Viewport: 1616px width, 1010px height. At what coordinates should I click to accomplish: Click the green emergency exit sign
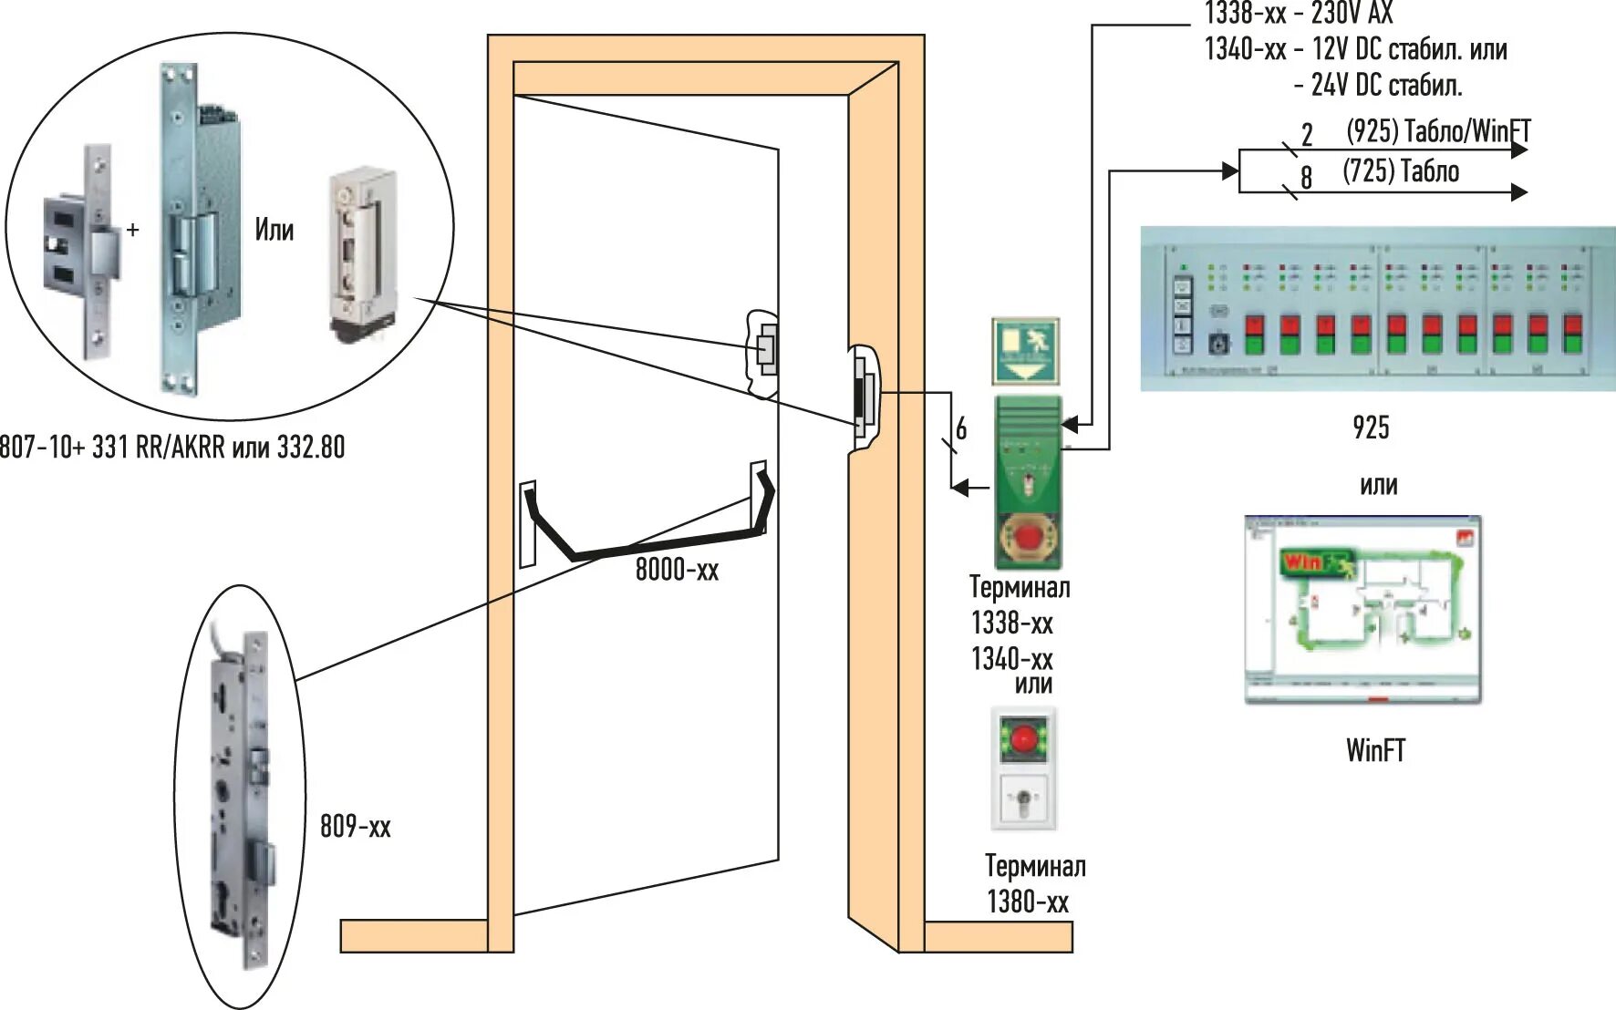[1026, 351]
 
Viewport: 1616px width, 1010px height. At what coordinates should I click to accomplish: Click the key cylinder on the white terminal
[1023, 801]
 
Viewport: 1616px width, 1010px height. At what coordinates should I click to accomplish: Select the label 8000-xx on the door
[677, 571]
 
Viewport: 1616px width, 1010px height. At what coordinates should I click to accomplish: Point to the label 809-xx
[355, 827]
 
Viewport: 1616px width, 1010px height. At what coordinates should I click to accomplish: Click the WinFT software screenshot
[1362, 609]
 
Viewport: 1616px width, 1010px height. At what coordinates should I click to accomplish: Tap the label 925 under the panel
[1371, 428]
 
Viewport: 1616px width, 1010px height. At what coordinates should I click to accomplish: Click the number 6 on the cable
[961, 428]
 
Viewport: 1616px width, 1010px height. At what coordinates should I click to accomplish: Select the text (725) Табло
[1401, 171]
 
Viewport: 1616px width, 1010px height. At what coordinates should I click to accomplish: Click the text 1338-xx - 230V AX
[1299, 14]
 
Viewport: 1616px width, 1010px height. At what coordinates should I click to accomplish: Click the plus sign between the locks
[133, 230]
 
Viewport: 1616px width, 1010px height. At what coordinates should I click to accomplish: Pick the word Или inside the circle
[274, 229]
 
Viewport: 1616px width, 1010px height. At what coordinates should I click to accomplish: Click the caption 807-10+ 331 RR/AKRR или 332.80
[172, 448]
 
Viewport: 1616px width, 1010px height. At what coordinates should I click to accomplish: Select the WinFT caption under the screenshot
[1375, 750]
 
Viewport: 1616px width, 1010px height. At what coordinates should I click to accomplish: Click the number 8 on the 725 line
[1306, 177]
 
